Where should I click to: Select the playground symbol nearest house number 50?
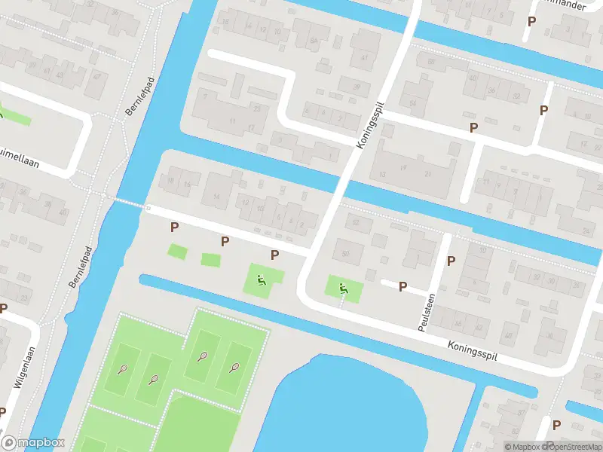click(x=343, y=287)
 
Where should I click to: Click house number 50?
click(x=346, y=253)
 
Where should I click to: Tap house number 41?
click(x=365, y=57)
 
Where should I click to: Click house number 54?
click(x=412, y=103)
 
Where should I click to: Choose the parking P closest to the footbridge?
click(x=174, y=227)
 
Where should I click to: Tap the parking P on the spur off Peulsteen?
click(x=403, y=286)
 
